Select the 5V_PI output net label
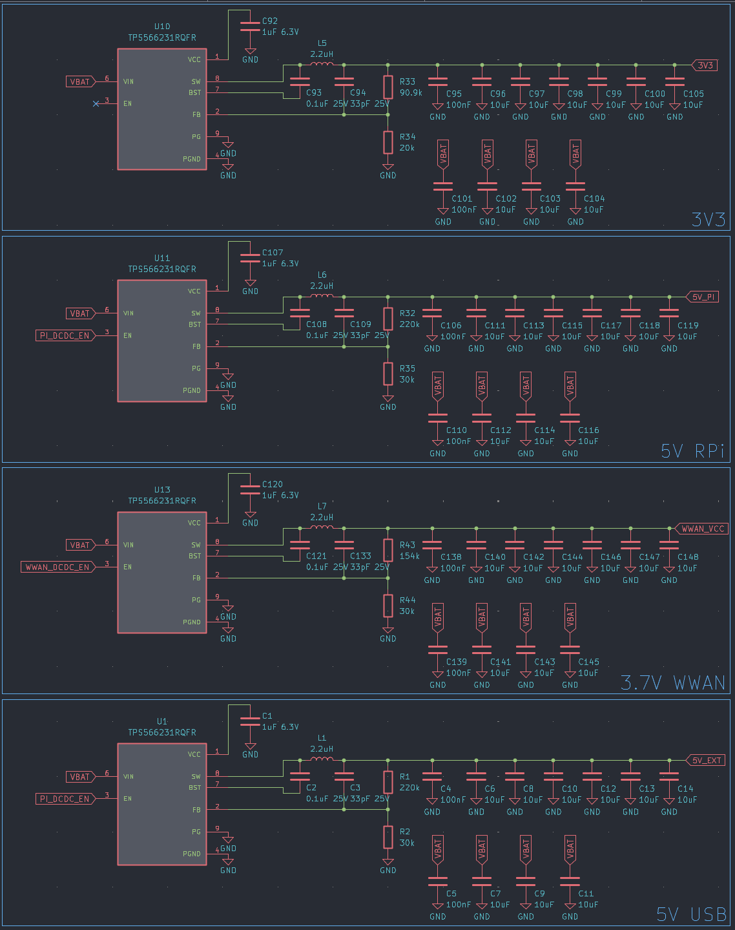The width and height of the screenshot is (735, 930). pyautogui.click(x=703, y=297)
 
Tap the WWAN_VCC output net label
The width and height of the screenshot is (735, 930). pyautogui.click(x=702, y=529)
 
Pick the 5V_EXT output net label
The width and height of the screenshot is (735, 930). pyautogui.click(x=705, y=760)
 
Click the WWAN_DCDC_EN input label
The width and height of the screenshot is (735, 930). pyautogui.click(x=57, y=567)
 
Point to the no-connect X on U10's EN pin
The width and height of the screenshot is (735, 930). pyautogui.click(x=96, y=103)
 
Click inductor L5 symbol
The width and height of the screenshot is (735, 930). pyautogui.click(x=322, y=64)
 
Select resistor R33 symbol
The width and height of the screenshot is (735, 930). pyautogui.click(x=388, y=87)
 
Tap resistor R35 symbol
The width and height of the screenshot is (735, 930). pyautogui.click(x=388, y=374)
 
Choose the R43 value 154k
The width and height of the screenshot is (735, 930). pyautogui.click(x=409, y=556)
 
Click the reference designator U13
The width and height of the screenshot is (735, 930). pyautogui.click(x=162, y=490)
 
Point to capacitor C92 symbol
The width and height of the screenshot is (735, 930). pyautogui.click(x=250, y=26)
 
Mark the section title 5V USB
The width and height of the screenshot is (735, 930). pyautogui.click(x=691, y=914)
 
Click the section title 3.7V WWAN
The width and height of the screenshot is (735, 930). pyautogui.click(x=672, y=682)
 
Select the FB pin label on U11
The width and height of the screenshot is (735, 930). pyautogui.click(x=196, y=346)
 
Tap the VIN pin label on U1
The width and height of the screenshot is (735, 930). pyautogui.click(x=129, y=776)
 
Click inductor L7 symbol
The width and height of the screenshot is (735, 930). pyautogui.click(x=322, y=527)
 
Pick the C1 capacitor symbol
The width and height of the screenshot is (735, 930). pyautogui.click(x=250, y=721)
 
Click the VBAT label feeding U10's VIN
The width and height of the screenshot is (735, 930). pyautogui.click(x=80, y=81)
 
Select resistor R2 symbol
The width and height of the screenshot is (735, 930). pyautogui.click(x=388, y=837)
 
